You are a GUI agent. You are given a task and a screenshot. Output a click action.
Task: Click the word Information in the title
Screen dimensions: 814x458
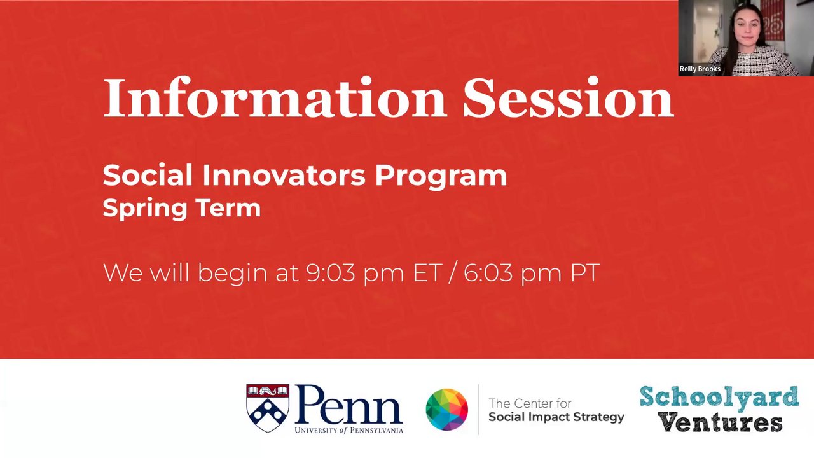[x=275, y=97]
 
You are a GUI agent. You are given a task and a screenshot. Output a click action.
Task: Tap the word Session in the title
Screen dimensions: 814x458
[x=569, y=97]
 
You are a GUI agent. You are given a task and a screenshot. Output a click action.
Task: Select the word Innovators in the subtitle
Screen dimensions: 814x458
[x=284, y=176]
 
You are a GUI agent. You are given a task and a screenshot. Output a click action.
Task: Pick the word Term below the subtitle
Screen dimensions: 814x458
[x=228, y=207]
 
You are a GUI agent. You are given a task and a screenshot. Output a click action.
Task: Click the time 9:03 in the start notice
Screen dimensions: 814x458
[x=331, y=273]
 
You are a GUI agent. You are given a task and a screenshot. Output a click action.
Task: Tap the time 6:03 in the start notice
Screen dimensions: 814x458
[x=488, y=273]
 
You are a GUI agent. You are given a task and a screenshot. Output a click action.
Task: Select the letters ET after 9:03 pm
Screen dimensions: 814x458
[x=428, y=273]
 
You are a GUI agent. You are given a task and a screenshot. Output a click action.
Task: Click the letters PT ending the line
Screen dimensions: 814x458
[x=585, y=273]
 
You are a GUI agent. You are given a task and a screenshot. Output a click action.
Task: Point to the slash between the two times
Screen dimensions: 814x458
[x=452, y=273]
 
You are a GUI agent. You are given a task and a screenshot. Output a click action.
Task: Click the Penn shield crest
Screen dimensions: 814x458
[x=268, y=408]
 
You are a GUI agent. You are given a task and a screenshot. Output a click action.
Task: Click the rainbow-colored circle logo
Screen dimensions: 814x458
[x=447, y=409]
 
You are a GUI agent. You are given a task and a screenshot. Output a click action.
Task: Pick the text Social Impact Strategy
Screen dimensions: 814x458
[x=556, y=417]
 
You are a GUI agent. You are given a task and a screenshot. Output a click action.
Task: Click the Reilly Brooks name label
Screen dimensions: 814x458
[x=700, y=69]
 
